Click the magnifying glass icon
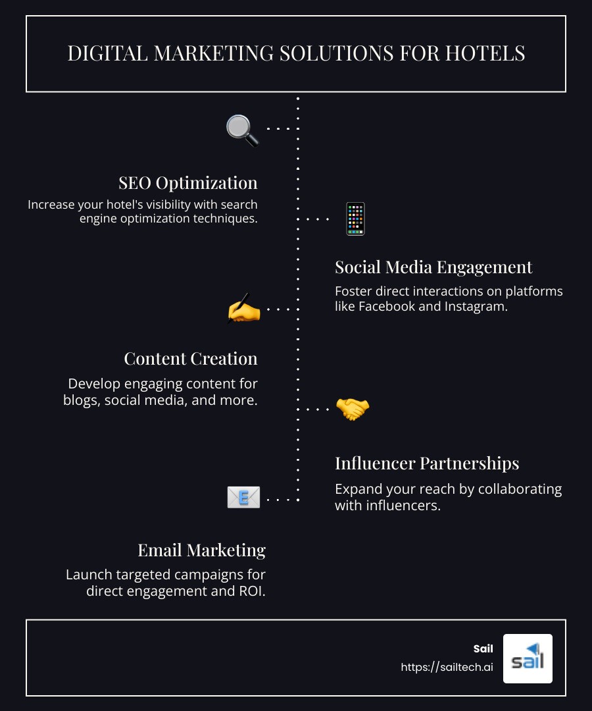click(x=242, y=130)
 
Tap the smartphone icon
click(x=355, y=219)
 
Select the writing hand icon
click(x=243, y=309)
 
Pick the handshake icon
click(x=353, y=409)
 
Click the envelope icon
click(x=243, y=498)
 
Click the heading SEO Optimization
click(x=188, y=182)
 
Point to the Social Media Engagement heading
click(x=433, y=267)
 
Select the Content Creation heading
click(x=191, y=358)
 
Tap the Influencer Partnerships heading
click(x=427, y=463)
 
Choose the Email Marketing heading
click(x=201, y=550)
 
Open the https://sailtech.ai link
click(x=447, y=667)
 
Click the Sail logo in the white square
click(x=528, y=658)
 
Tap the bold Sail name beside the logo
click(x=483, y=649)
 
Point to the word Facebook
click(x=386, y=306)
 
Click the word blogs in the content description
click(x=80, y=400)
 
